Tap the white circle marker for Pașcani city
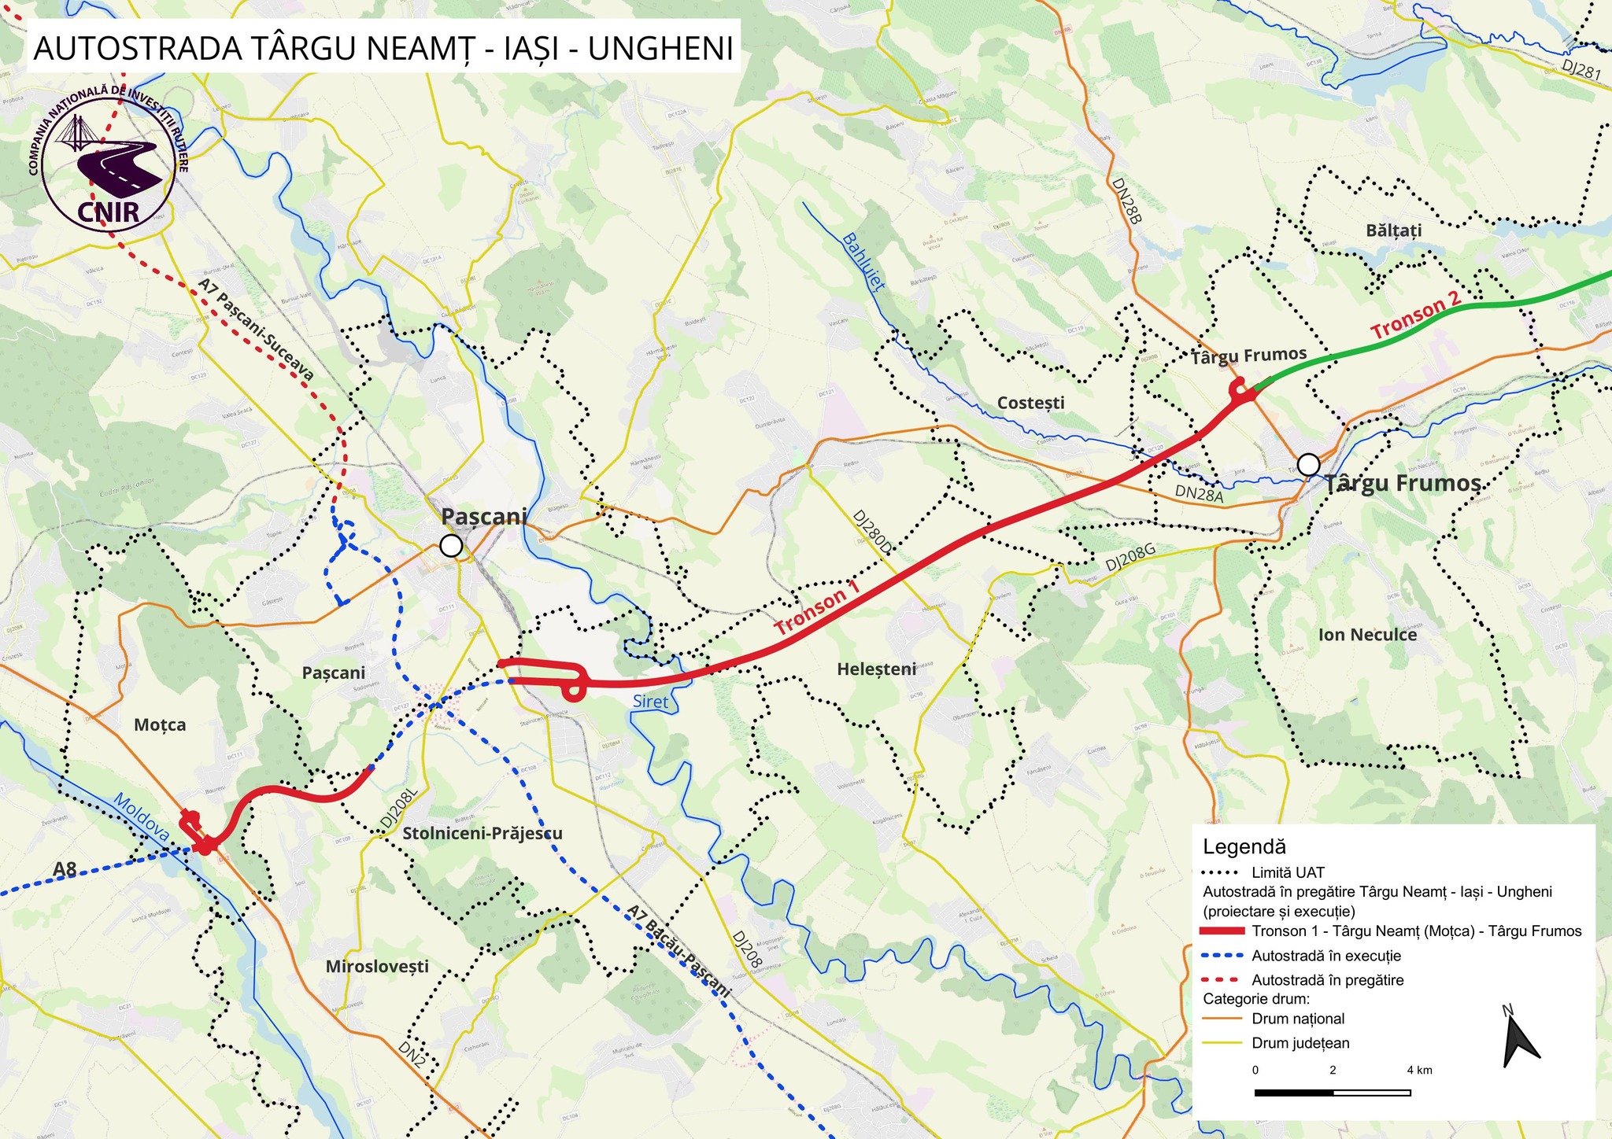click(450, 546)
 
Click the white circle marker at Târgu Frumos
click(1308, 465)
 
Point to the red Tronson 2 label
click(1415, 316)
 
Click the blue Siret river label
click(650, 702)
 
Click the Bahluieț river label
click(863, 262)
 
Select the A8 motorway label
click(65, 870)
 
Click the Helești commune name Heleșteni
click(876, 669)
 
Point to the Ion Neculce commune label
click(1367, 635)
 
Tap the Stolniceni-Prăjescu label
click(482, 833)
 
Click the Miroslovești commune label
click(377, 966)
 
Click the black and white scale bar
click(1332, 1093)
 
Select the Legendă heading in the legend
click(1244, 846)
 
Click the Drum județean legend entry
click(1300, 1044)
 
